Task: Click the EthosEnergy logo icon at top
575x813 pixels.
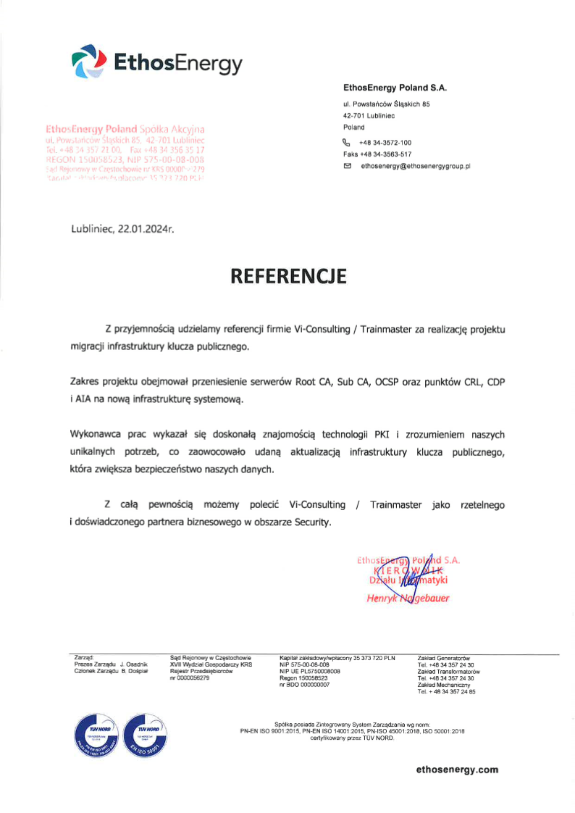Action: pos(89,62)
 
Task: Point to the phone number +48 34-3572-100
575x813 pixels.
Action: pos(385,143)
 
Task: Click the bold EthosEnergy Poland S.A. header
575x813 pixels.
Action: pos(395,88)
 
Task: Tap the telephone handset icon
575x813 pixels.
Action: pos(347,143)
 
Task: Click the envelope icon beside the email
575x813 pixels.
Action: pos(348,166)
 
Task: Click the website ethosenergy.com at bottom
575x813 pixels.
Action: pos(457,770)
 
